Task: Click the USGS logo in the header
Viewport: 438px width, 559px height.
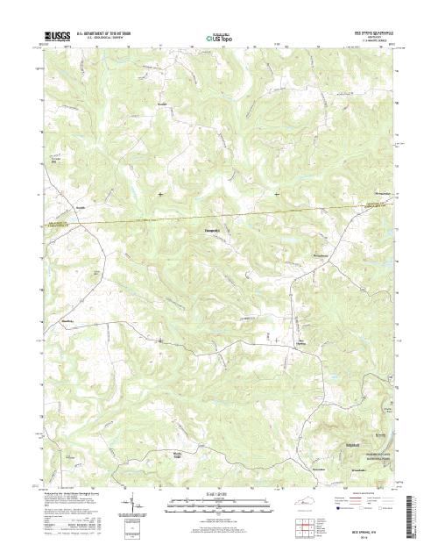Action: coord(51,38)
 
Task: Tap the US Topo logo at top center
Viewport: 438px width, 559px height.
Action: coord(218,38)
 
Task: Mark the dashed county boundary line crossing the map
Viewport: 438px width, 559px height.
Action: coord(219,216)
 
